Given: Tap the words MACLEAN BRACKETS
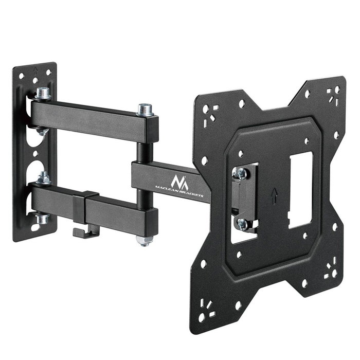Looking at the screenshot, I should click(x=182, y=189).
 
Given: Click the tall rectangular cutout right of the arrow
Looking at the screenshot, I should click(x=300, y=190).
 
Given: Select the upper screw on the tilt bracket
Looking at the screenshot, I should click(x=240, y=174).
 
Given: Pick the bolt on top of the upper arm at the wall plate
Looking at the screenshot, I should click(x=43, y=94).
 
